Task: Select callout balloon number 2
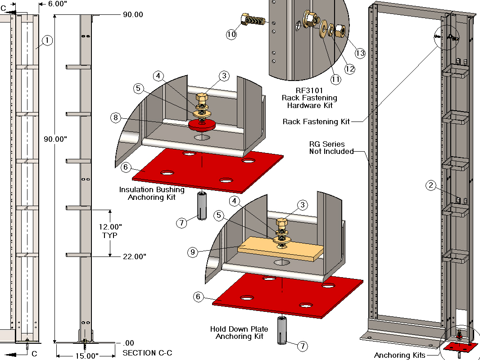coord(431,185)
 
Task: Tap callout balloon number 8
coord(116,118)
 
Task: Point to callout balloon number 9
coord(192,252)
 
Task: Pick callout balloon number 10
coord(231,34)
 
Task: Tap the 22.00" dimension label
coord(134,256)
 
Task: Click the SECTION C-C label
coord(147,353)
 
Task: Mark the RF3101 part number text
coord(309,90)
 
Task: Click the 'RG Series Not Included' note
coord(331,148)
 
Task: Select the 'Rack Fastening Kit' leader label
coord(316,121)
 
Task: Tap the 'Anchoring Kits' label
coord(399,355)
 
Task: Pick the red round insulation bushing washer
coord(202,124)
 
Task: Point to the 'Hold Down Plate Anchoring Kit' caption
coord(239,333)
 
